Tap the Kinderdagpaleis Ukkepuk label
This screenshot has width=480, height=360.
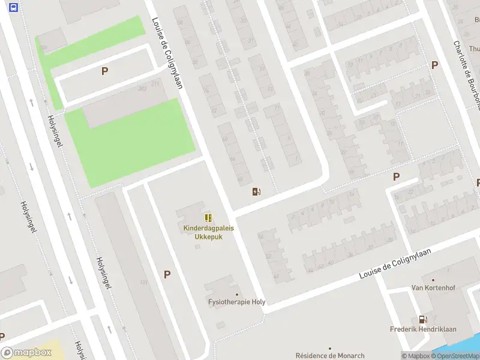(209, 232)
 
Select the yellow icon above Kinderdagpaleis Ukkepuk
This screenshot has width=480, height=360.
(208, 218)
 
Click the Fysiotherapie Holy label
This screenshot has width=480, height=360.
(236, 302)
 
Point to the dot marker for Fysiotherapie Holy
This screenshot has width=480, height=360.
(237, 294)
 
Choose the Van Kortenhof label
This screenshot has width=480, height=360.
(433, 288)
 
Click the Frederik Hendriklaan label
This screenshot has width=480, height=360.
(424, 330)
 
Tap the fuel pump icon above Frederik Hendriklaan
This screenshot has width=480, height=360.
(423, 320)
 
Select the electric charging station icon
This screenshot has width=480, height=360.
(256, 191)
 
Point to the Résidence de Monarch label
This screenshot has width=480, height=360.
(329, 356)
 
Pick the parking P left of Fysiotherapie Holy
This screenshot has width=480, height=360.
(167, 274)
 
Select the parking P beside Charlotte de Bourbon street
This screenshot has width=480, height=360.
(434, 65)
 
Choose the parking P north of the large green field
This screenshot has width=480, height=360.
(104, 71)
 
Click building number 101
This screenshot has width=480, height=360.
(143, 282)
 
